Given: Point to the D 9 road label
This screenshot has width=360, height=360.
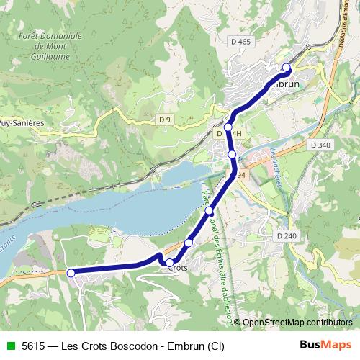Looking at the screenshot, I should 165,119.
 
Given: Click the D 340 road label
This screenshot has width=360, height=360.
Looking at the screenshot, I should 321,145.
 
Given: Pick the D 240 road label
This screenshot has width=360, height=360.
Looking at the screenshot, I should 286,235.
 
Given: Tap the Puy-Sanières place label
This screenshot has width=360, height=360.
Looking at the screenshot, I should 22,123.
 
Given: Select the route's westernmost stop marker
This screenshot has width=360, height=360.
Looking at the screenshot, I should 71,273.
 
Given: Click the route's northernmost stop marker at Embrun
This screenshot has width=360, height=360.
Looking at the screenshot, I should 287,68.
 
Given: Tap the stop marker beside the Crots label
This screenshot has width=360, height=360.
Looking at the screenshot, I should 170,262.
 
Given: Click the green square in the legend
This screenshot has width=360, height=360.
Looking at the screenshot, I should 9,346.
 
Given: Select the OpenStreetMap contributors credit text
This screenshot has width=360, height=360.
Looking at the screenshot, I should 297,323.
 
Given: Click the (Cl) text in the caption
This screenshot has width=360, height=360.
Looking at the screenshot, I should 215,346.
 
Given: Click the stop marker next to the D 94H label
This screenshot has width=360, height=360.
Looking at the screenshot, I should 228,127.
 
